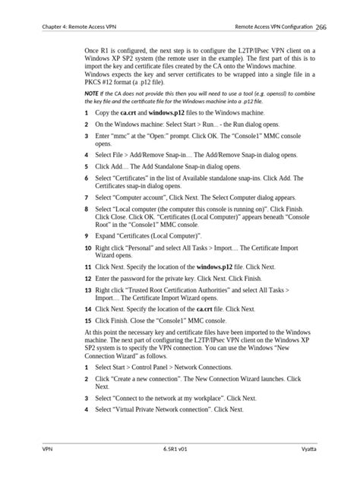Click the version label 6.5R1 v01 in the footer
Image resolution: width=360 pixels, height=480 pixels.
(x=179, y=450)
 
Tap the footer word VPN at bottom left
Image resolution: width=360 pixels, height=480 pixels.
(x=47, y=450)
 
